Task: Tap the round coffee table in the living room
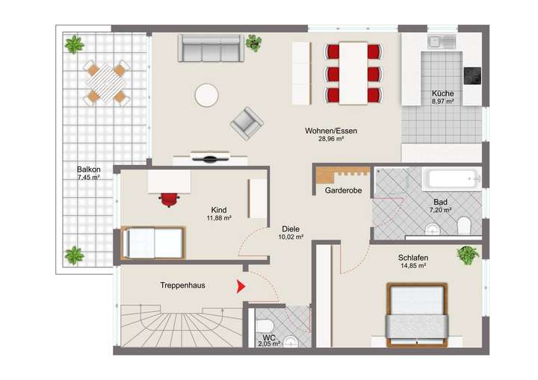[206, 95]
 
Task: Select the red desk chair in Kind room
[170, 198]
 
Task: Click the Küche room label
[442, 93]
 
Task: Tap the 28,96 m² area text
[330, 139]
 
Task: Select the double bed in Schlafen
[416, 314]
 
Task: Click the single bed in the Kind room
[153, 242]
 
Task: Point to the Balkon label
[87, 169]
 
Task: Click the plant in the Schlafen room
[468, 255]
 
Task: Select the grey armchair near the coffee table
[247, 123]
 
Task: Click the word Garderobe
[343, 191]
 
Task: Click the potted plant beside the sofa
[254, 43]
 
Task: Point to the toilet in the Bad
[463, 223]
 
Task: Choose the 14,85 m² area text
[412, 265]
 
